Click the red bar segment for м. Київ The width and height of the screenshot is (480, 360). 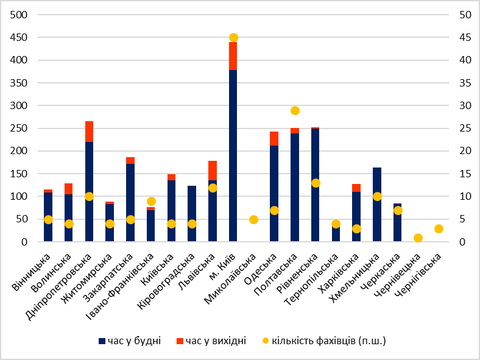(233, 56)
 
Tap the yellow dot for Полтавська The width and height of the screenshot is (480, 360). (295, 110)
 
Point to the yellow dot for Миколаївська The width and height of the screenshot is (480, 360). (253, 219)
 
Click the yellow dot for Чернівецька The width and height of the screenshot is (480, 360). (418, 238)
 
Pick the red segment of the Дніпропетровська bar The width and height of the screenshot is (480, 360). (89, 132)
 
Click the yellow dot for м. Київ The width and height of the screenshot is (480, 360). (233, 38)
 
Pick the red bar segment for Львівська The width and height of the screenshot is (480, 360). (213, 171)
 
